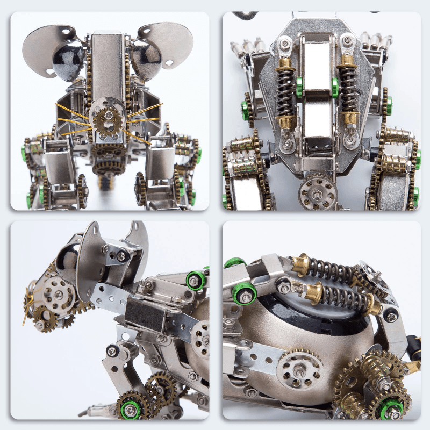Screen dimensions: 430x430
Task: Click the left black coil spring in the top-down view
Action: [x=285, y=91]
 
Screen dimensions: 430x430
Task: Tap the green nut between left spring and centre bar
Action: [x=299, y=86]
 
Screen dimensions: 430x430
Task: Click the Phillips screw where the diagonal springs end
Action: [x=390, y=316]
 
